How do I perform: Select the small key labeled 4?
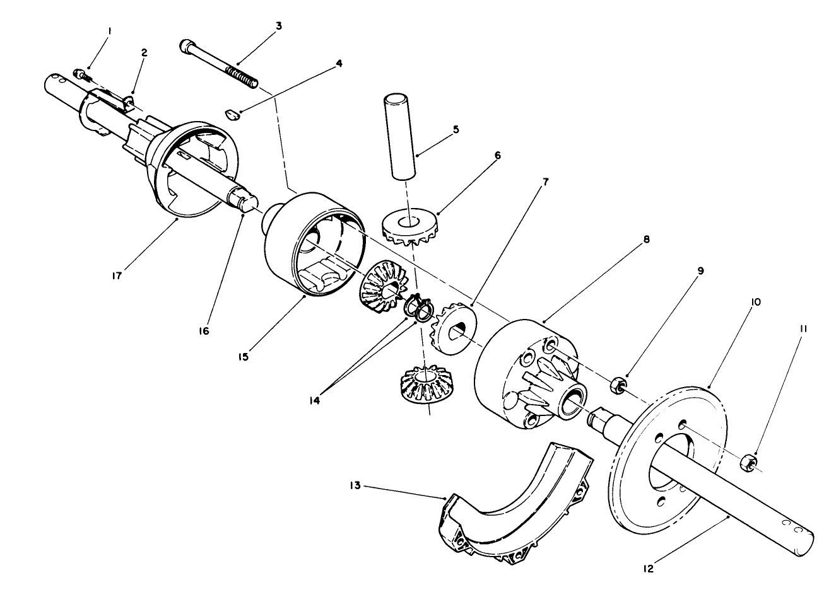(232, 114)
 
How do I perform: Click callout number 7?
(545, 182)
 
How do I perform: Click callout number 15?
(244, 357)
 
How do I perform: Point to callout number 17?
(117, 275)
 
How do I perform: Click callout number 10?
(755, 302)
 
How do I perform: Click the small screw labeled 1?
(83, 75)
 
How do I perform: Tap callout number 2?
(144, 53)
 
